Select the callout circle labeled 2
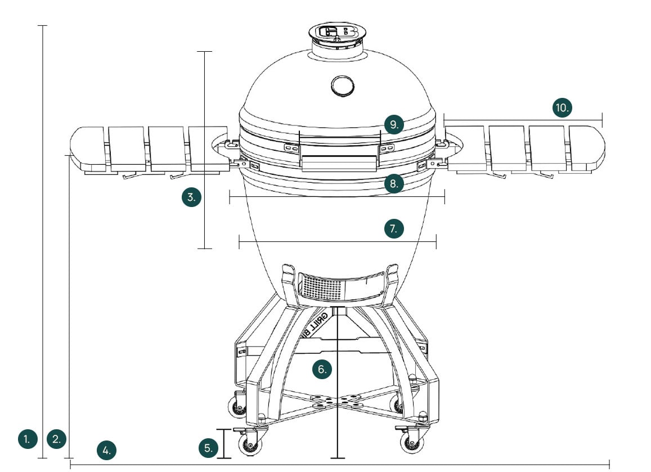point(56,438)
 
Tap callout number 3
point(192,197)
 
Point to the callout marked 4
point(106,449)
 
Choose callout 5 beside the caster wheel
point(208,448)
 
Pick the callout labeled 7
point(394,228)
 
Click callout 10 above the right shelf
point(562,107)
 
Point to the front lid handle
point(339,164)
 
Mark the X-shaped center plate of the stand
point(336,401)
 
